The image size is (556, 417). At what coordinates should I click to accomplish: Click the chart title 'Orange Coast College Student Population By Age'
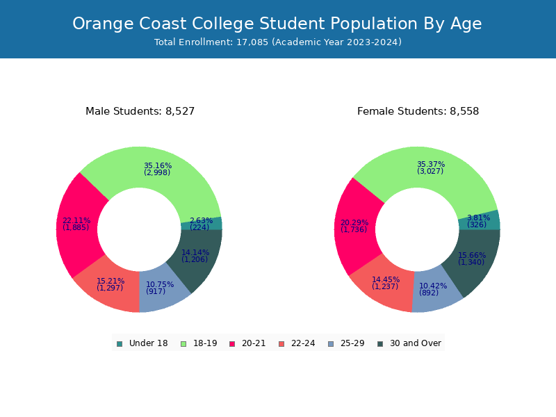[x=277, y=24]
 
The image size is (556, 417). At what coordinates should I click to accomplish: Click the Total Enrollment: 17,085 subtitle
[x=277, y=42]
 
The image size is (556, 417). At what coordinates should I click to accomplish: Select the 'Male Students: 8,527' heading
[x=140, y=111]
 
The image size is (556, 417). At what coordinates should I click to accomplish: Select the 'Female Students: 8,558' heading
[x=418, y=111]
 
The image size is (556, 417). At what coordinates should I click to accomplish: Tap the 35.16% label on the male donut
[x=158, y=166]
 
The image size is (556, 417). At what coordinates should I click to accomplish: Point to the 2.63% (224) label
[x=201, y=224]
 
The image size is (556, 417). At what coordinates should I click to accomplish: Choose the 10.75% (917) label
[x=160, y=288]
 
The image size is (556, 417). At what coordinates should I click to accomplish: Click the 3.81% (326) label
[x=478, y=221]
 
